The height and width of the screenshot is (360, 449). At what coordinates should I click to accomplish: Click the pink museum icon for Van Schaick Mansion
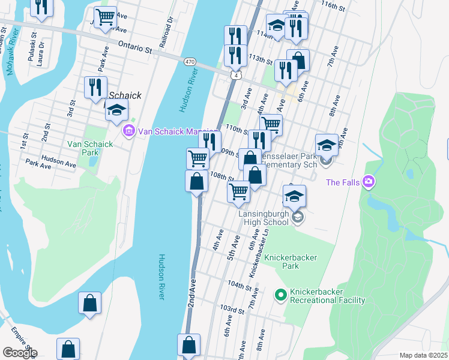(127, 130)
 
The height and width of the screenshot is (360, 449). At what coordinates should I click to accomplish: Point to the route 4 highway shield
(237, 74)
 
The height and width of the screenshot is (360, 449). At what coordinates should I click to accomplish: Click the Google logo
(19, 353)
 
